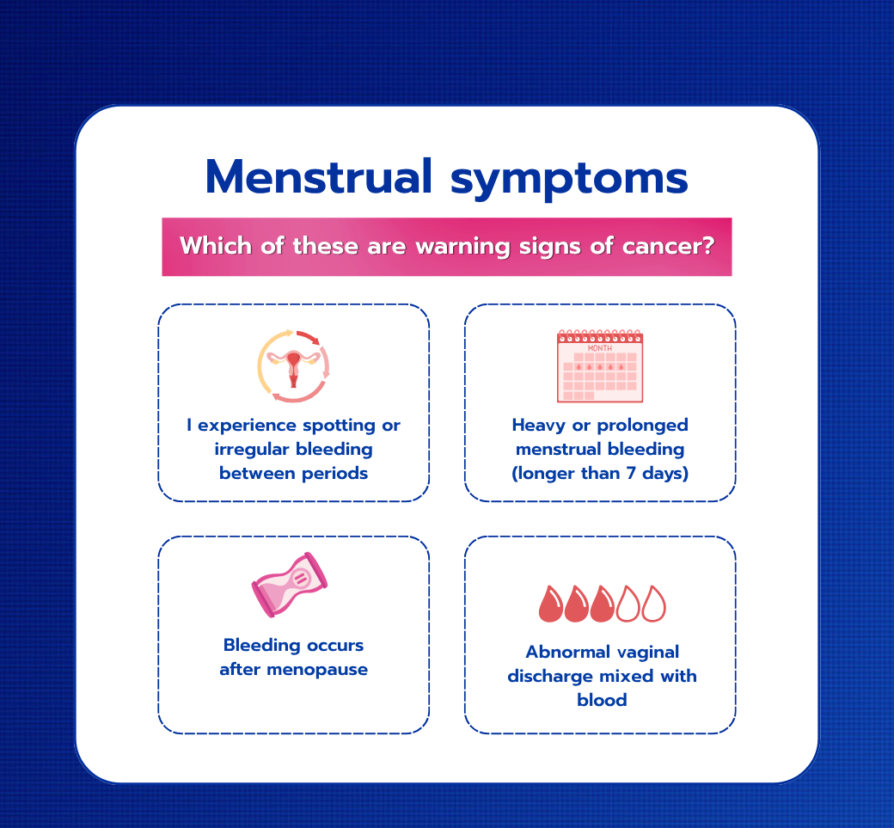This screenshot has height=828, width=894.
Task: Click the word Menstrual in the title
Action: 319,177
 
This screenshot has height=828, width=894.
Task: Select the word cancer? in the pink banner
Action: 668,247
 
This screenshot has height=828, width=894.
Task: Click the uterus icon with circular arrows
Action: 294,365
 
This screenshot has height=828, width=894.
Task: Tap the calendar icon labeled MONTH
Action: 600,365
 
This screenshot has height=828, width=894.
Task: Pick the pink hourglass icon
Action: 290,585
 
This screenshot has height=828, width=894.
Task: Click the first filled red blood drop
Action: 551,604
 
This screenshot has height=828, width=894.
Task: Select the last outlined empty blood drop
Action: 653,604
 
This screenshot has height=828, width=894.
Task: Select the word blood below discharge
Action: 602,700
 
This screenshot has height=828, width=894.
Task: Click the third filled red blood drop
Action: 602,604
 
